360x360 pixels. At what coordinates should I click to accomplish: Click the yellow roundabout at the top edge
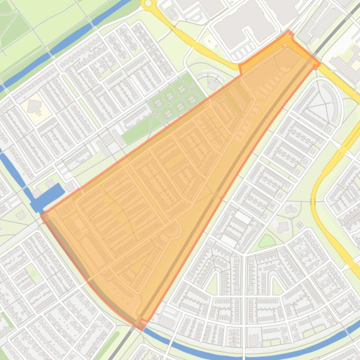149,4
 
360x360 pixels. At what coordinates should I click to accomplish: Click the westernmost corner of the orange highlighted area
42,215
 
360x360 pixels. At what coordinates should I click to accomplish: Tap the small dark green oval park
267,241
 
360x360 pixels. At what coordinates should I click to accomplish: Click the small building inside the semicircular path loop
213,84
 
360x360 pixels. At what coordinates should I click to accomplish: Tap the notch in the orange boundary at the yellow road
240,68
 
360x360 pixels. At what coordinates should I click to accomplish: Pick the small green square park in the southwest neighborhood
32,271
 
